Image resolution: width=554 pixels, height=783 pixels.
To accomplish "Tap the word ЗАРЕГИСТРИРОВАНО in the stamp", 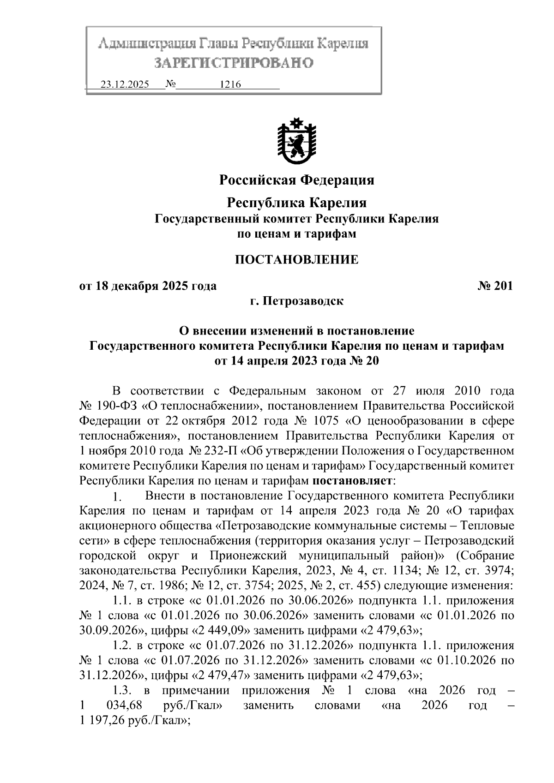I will point(234,62).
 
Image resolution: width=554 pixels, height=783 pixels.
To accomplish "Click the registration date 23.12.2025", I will point(125,85).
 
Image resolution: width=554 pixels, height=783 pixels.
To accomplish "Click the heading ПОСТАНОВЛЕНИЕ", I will point(296,260).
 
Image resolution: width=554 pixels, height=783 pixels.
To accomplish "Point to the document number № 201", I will point(495,286).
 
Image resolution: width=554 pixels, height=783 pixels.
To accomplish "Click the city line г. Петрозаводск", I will point(296,301).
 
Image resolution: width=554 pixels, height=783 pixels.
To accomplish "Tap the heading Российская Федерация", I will point(296,179).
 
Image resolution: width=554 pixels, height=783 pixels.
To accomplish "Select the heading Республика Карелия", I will point(296,203).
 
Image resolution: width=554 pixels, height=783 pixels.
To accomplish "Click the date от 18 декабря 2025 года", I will point(148,286).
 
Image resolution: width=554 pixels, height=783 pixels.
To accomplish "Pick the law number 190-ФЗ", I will point(111,406).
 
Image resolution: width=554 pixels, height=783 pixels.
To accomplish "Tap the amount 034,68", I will point(124,706).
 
